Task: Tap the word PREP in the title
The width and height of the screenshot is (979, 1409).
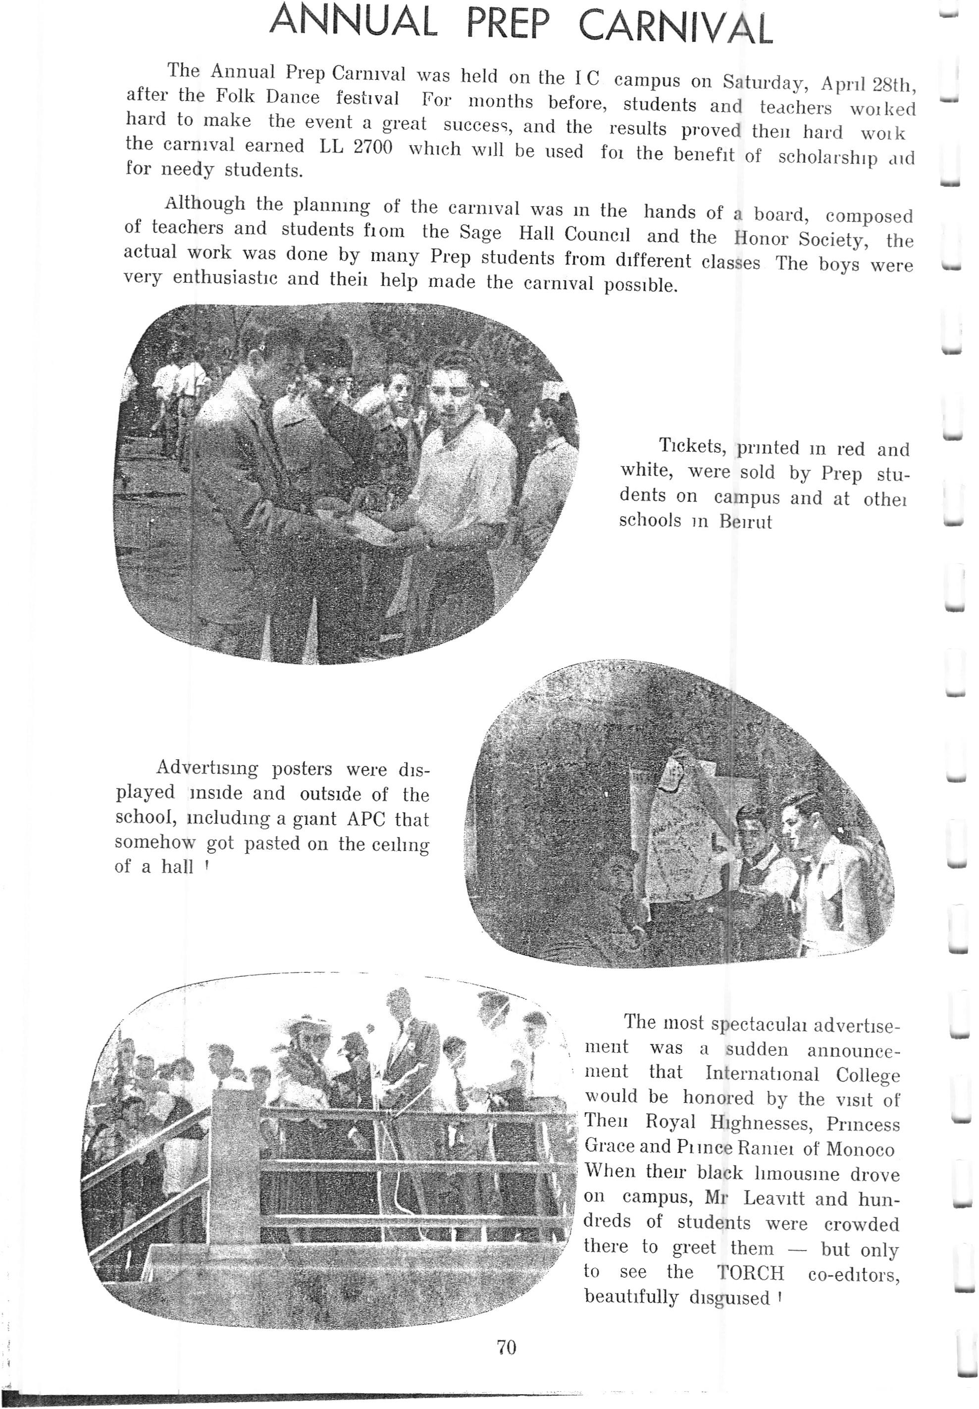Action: tap(507, 25)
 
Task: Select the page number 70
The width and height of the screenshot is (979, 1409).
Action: tap(507, 1347)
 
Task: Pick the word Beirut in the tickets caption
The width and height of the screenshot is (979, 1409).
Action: tap(745, 522)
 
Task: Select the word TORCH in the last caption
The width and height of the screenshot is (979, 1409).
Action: tap(751, 1273)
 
